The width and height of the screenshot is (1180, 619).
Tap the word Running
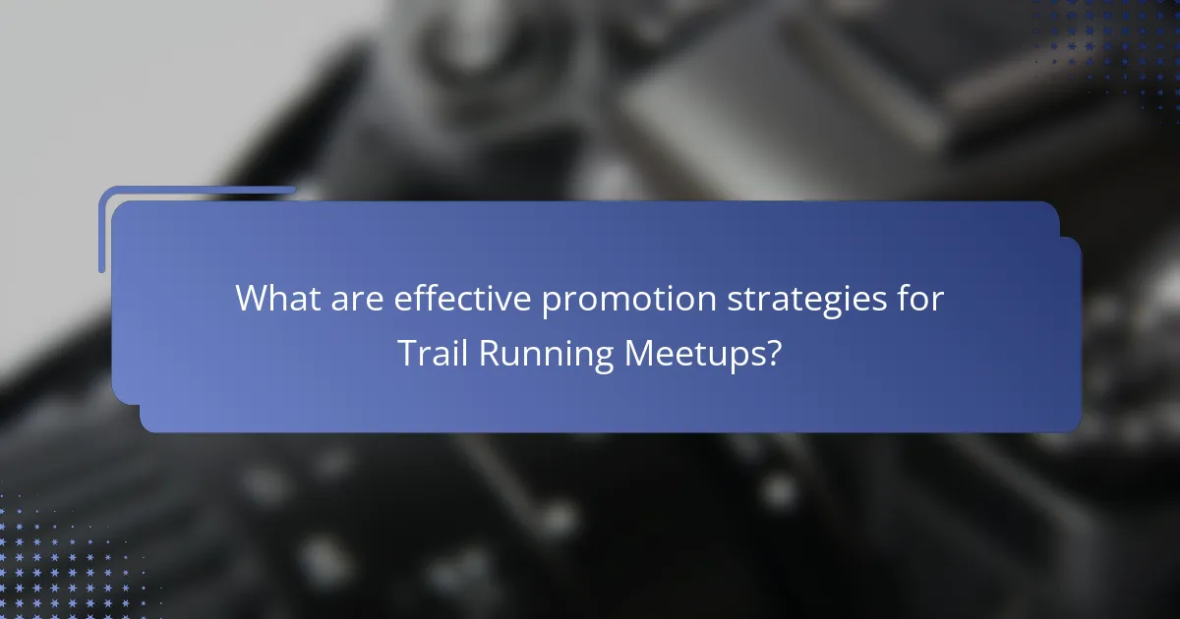[x=545, y=354]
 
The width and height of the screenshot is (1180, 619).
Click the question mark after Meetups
[x=774, y=354]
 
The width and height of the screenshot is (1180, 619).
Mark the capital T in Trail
[x=407, y=354]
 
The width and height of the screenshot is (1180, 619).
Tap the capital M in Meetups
[x=639, y=354]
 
